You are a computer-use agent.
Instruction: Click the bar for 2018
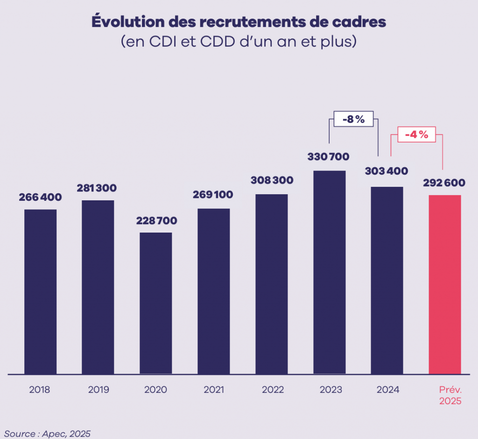[41, 291]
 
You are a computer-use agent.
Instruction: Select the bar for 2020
[156, 303]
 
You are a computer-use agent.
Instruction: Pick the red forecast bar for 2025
[445, 284]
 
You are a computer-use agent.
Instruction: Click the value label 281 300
[98, 188]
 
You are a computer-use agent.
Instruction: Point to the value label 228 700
[156, 220]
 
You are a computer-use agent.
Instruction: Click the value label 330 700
[328, 157]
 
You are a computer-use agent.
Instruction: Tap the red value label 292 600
[445, 183]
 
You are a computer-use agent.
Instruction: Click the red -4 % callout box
[416, 135]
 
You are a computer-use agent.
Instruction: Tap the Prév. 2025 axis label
[450, 395]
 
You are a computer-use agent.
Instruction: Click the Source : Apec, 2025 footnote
[47, 433]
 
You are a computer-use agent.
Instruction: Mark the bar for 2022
[272, 284]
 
